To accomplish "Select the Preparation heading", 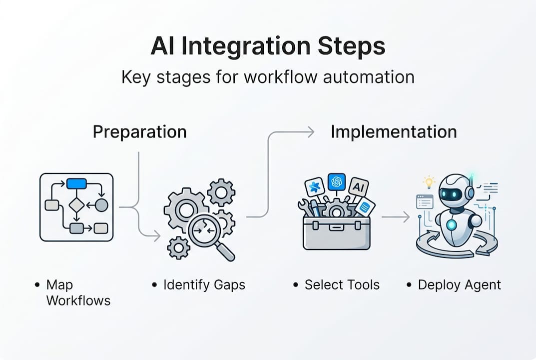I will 139,132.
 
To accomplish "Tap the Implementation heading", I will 394,132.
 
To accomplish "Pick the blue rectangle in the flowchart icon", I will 76,184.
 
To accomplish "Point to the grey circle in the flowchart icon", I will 101,205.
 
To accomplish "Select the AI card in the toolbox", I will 358,187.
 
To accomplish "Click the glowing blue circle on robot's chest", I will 452,225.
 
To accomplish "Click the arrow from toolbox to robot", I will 396,216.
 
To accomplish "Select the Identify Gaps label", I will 204,285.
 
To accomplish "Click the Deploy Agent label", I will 459,285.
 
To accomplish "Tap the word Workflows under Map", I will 78,300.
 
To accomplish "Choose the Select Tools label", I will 342,285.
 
